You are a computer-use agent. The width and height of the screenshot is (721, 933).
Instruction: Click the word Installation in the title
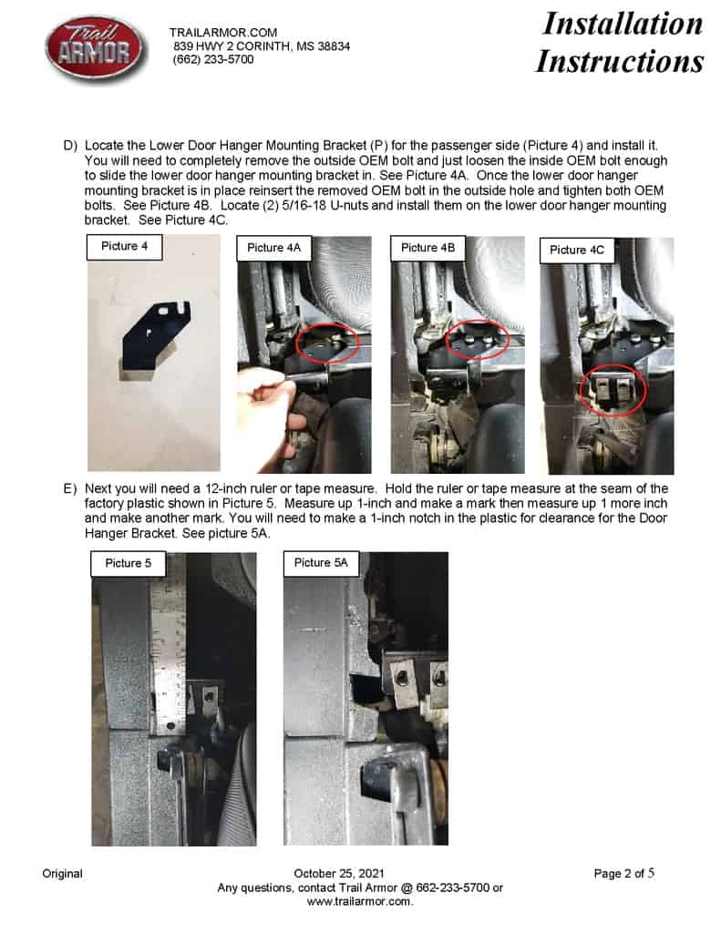coord(623,23)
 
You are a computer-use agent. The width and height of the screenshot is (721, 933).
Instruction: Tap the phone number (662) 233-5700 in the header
coord(213,59)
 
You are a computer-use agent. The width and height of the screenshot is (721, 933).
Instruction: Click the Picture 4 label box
coord(125,247)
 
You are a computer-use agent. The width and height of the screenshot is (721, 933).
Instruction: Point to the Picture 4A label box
coord(273,248)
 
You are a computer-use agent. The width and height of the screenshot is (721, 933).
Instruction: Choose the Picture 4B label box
coord(427,248)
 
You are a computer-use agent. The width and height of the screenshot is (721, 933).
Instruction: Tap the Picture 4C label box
coord(575,250)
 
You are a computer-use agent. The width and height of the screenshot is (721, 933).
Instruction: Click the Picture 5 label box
coord(129,563)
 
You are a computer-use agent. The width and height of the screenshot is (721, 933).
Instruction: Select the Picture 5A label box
coord(321,563)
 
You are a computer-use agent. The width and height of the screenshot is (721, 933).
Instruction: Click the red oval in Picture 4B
coord(478,340)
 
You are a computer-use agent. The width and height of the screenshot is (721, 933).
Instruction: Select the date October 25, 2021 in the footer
coord(333,874)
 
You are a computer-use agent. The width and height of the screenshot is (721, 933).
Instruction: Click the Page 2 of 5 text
coord(624,874)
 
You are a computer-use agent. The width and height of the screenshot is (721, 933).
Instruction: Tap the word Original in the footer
coord(62,874)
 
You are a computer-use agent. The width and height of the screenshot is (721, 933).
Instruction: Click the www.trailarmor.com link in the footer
coord(360,901)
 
